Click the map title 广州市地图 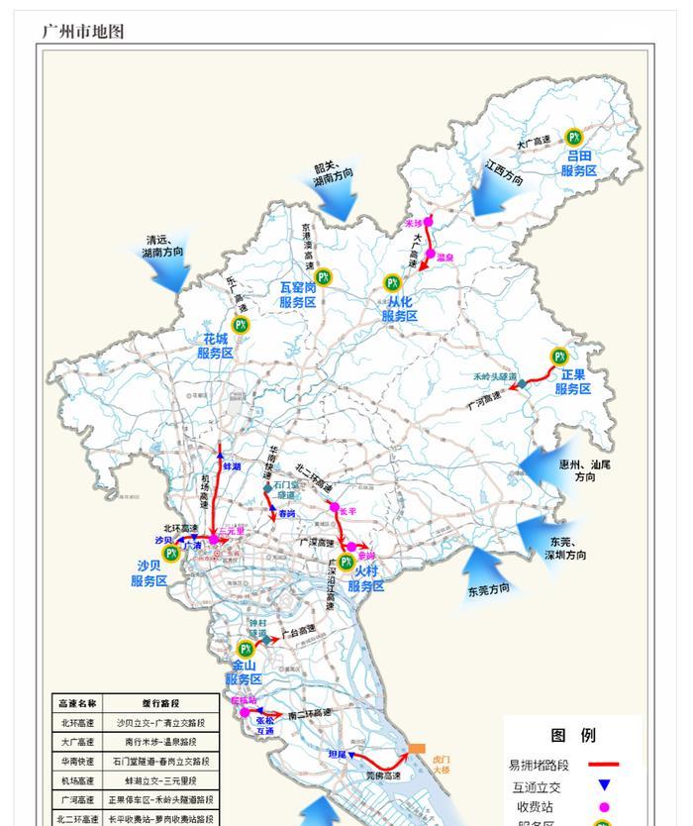click(83, 31)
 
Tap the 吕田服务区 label click(579, 163)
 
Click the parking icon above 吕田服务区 click(573, 137)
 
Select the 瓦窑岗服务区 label click(297, 295)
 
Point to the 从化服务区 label click(400, 308)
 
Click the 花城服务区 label click(215, 346)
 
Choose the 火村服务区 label click(365, 579)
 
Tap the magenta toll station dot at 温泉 click(430, 255)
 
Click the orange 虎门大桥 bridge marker click(417, 749)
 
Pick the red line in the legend click(603, 765)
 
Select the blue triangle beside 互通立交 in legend click(603, 786)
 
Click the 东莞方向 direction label click(489, 589)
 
